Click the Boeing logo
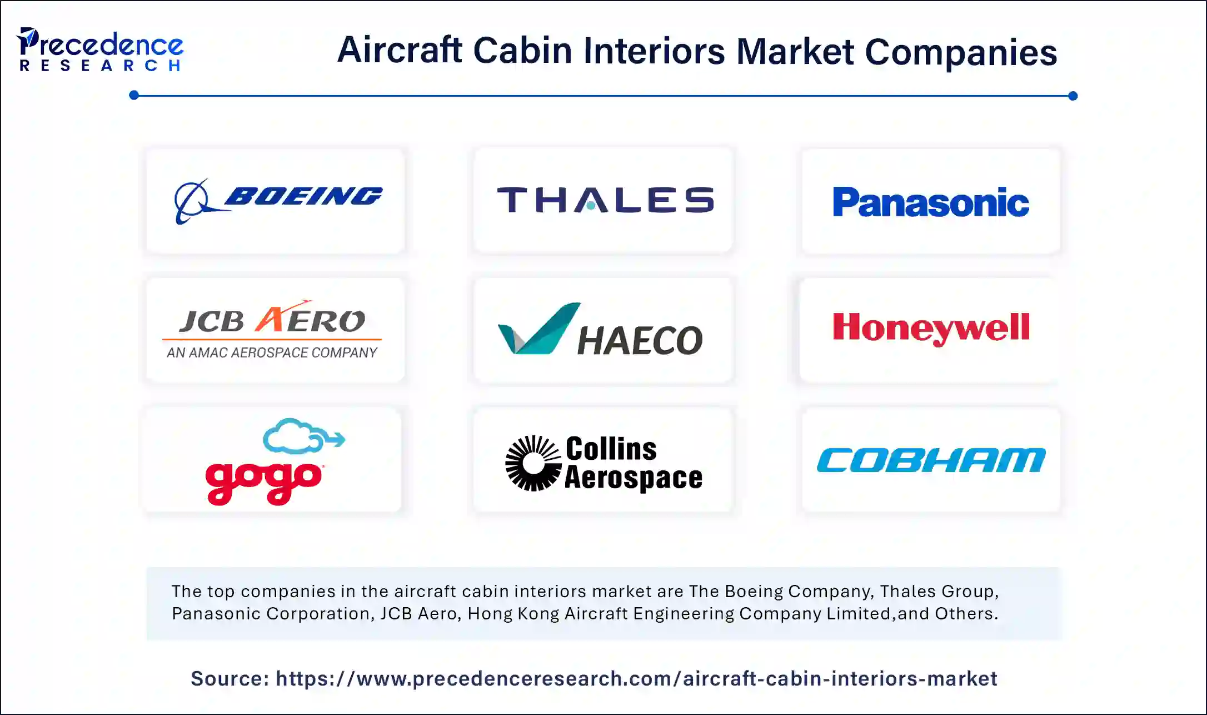coord(278,200)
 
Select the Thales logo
coord(605,200)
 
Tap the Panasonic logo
coord(931,202)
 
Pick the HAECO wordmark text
coord(640,340)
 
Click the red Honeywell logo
coord(931,327)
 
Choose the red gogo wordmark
coord(263,481)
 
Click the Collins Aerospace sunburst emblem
coord(533,463)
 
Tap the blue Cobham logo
coord(931,460)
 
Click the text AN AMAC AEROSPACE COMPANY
coord(272,352)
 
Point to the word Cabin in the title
coord(522,51)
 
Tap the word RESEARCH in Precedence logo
coord(100,66)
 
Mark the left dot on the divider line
coord(134,96)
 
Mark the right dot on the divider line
coord(1073,96)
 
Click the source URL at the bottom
coord(636,679)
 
